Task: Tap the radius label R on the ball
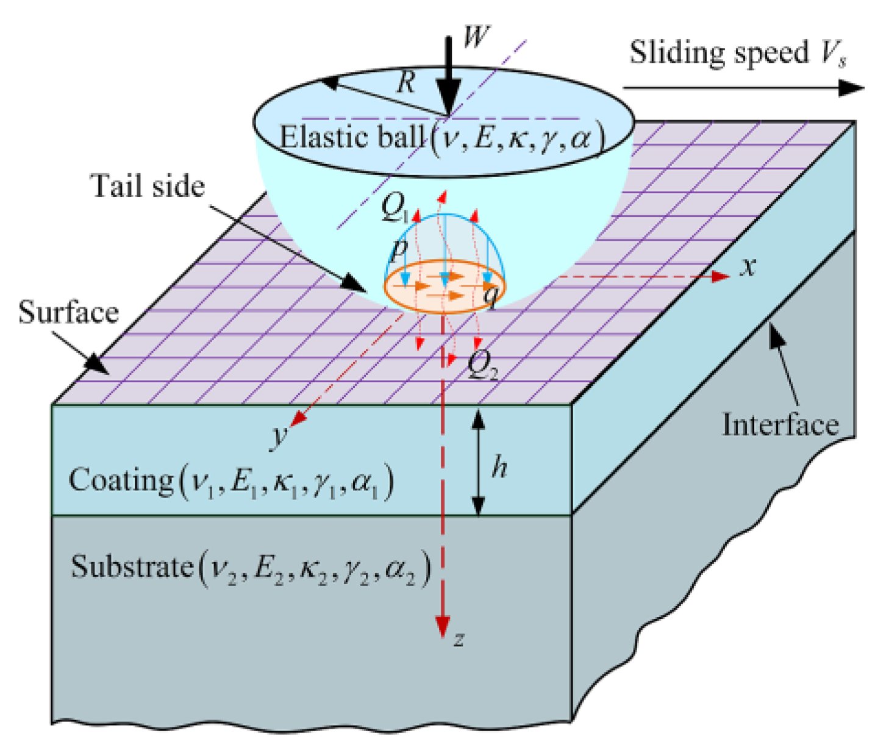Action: tap(407, 82)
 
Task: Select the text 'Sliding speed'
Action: tap(719, 53)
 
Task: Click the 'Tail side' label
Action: tap(148, 186)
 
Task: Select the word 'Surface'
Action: tap(68, 312)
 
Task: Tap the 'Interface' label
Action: tap(780, 424)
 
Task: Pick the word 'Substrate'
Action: tap(132, 566)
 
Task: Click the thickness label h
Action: tap(499, 467)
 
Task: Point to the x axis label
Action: tap(748, 266)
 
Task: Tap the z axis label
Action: tap(459, 638)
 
